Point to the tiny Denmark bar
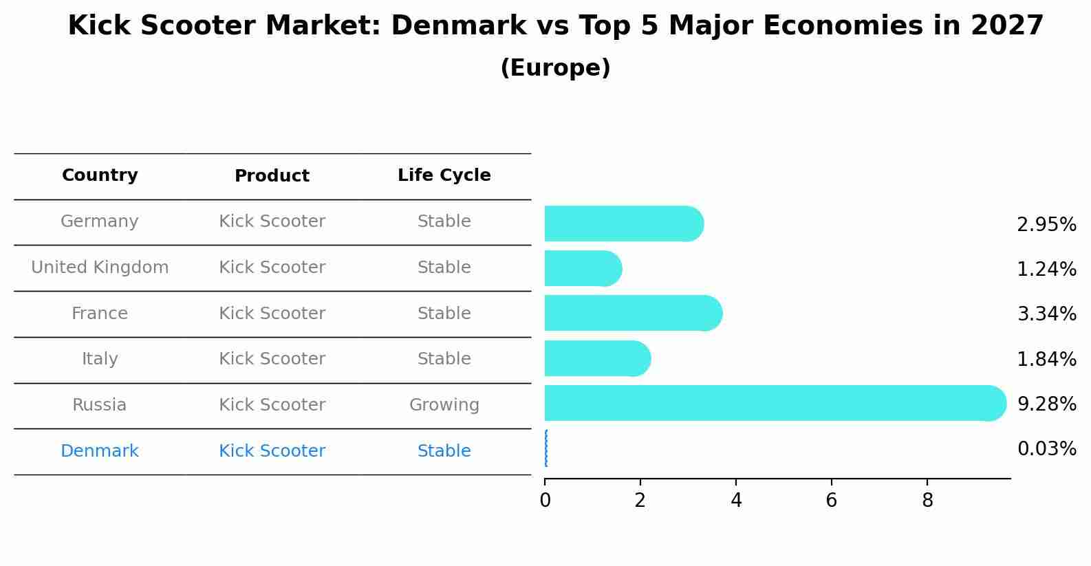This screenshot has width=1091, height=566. (x=546, y=448)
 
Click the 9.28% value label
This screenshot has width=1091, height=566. (x=1046, y=404)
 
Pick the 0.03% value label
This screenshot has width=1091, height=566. (x=1046, y=449)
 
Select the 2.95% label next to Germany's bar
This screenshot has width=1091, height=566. (x=1046, y=225)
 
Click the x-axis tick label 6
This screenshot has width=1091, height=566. (x=831, y=501)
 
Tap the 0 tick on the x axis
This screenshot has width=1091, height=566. (x=545, y=501)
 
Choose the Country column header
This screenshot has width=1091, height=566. (x=100, y=175)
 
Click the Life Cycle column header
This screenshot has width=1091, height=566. (x=444, y=175)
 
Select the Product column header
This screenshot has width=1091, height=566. (x=272, y=176)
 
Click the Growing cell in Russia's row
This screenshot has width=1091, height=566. (x=444, y=405)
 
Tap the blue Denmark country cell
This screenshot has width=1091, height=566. (x=100, y=451)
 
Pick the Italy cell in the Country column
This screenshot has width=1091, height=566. (x=100, y=359)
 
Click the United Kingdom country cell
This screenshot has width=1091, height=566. (x=100, y=268)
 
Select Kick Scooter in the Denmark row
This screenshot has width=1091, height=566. (x=272, y=451)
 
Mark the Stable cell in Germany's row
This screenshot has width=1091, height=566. (x=444, y=221)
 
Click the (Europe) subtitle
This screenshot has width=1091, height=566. (x=555, y=68)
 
